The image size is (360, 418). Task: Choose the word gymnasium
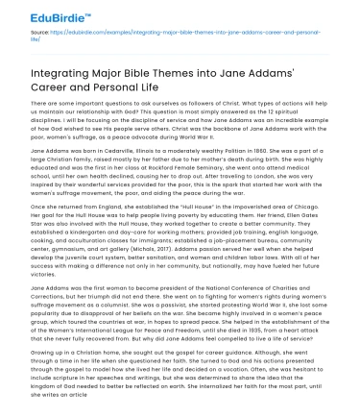(76, 240)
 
